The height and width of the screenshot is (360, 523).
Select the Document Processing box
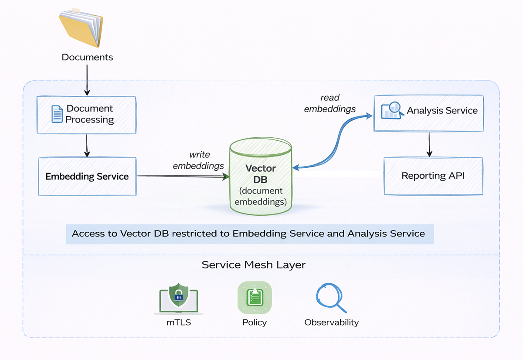click(x=86, y=115)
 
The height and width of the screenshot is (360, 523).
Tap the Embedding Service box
click(x=87, y=177)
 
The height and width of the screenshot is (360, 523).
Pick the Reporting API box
click(x=433, y=176)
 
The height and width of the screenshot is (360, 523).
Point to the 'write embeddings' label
click(x=199, y=160)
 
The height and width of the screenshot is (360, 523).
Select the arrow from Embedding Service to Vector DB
click(x=183, y=176)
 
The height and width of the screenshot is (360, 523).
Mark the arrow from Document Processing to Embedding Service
click(x=87, y=146)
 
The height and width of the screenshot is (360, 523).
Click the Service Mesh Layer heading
click(x=254, y=265)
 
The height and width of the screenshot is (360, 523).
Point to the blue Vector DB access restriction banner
click(x=248, y=234)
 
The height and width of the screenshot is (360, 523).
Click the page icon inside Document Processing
click(x=57, y=114)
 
